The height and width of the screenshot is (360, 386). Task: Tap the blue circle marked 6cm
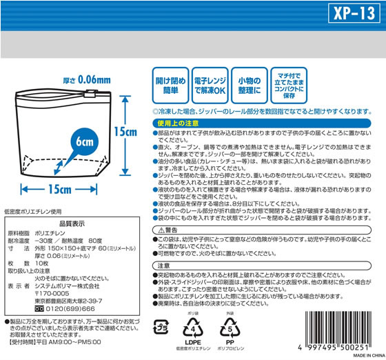tap(75, 142)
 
